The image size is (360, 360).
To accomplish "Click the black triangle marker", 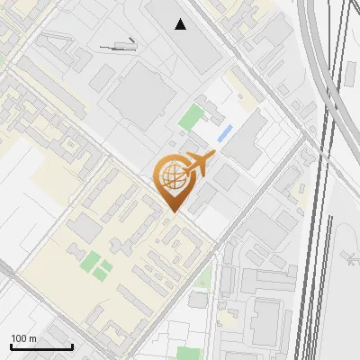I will (182, 24).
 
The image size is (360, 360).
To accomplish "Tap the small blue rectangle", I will (224, 133).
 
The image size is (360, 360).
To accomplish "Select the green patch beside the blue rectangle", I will (191, 117).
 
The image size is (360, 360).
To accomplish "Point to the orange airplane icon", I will (198, 164).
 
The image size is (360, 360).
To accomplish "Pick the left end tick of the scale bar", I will (11, 346).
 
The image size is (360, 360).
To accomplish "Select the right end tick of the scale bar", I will (72, 346).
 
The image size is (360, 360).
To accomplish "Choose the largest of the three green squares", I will (91, 261).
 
